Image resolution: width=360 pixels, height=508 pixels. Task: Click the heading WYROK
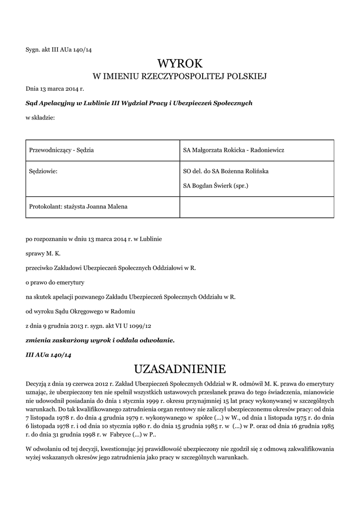[x=180, y=63]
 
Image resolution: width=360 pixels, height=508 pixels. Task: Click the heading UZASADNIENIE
[x=180, y=369]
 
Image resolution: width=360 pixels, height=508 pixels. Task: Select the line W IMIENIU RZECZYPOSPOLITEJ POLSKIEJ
[x=180, y=76]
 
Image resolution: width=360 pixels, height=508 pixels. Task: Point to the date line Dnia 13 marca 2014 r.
[x=55, y=89]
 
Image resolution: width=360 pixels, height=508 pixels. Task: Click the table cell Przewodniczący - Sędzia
[x=62, y=150]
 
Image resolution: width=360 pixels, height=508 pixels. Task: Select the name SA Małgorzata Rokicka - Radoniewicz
[x=233, y=150]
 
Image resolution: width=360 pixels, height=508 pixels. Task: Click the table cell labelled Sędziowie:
[x=44, y=171]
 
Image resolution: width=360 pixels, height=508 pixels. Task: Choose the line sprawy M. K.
[x=43, y=254]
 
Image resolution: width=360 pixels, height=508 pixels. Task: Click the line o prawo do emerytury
[x=55, y=282]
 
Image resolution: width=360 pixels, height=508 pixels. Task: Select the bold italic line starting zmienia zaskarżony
[x=100, y=340]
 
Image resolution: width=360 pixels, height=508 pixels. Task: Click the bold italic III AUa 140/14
[x=49, y=355]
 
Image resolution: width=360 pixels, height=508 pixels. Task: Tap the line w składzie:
[x=40, y=118]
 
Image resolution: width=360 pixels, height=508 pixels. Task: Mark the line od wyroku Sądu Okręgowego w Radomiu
[x=80, y=311]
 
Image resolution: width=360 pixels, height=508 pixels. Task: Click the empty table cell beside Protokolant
[x=256, y=206]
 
